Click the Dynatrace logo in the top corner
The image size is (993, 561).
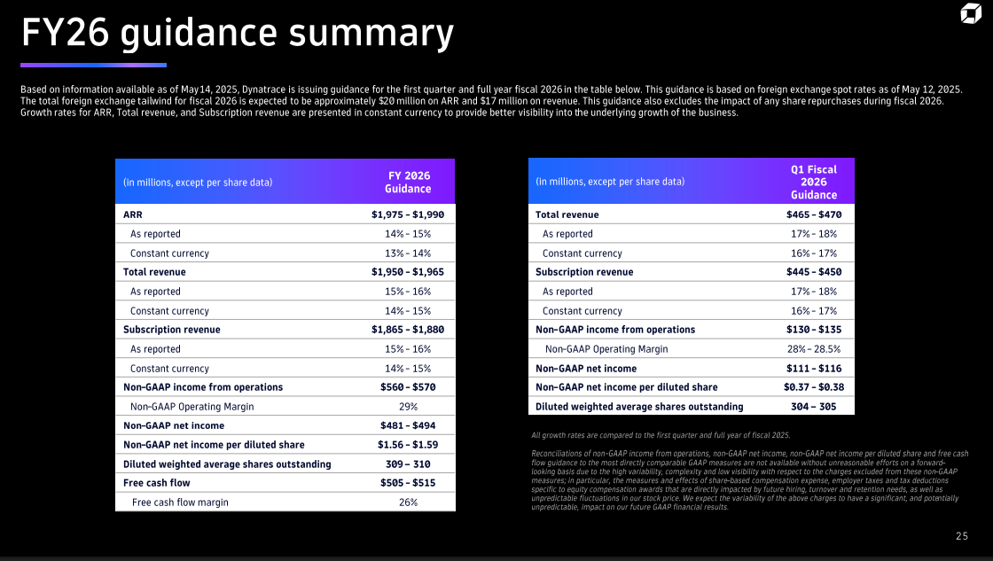tap(970, 15)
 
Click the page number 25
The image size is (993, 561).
tap(962, 536)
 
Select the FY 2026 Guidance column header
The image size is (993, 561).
tap(408, 183)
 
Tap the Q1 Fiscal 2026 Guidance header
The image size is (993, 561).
tap(813, 182)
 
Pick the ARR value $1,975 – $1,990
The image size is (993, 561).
tap(408, 214)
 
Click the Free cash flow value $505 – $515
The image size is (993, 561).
tap(408, 483)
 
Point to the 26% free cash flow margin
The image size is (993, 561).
tap(408, 503)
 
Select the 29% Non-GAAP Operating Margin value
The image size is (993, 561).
tap(408, 407)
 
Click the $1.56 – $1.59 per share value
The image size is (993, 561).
tap(408, 445)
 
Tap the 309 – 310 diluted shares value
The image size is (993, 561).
tap(408, 464)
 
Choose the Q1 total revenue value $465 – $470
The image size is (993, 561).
tap(814, 214)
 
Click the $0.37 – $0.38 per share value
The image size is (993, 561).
tap(814, 387)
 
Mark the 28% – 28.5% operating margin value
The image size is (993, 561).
tap(814, 349)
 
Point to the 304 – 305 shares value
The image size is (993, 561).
tap(814, 407)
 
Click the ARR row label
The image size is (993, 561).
tap(133, 214)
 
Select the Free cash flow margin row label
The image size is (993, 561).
tap(180, 503)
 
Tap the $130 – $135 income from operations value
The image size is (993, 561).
tap(814, 330)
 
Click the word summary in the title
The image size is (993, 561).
tap(370, 33)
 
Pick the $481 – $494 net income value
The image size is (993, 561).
tap(408, 425)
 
